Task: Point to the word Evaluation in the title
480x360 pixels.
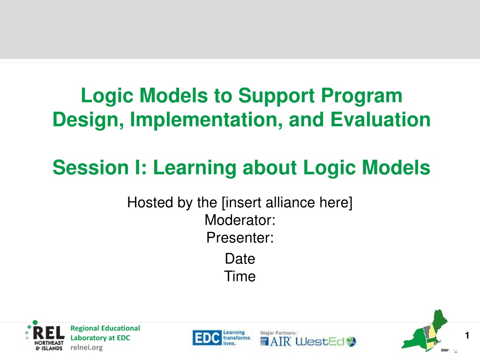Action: [x=381, y=120]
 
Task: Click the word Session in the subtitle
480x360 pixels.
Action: [x=90, y=168]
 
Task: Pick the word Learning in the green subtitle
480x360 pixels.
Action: [x=195, y=168]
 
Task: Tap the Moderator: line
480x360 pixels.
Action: [x=240, y=220]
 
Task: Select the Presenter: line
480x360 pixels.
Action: [x=240, y=238]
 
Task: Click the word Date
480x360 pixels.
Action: [x=240, y=259]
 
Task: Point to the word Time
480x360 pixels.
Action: [x=240, y=276]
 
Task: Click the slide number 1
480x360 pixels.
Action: [x=467, y=335]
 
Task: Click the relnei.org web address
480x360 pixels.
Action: [x=87, y=347]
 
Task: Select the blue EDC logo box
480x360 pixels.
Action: [x=207, y=338]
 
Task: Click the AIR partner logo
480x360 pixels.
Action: [x=276, y=341]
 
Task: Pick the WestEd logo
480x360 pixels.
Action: [x=326, y=341]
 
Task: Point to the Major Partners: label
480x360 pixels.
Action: [x=278, y=333]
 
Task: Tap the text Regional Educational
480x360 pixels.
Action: [x=105, y=328]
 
